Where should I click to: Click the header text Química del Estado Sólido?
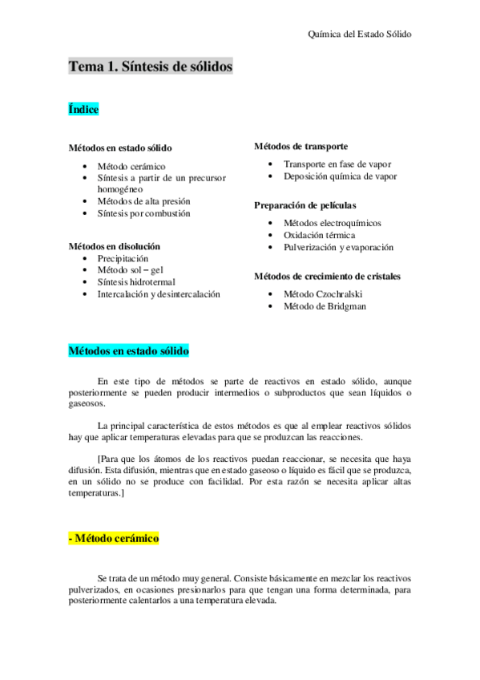click(360, 34)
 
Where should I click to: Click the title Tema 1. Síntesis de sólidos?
click(150, 67)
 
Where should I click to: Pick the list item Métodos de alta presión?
click(144, 201)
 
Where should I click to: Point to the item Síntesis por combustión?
click(144, 213)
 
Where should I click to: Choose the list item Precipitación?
click(123, 259)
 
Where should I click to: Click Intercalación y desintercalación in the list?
click(159, 294)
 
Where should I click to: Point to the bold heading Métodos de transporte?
click(301, 146)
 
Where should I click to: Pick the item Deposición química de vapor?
click(340, 176)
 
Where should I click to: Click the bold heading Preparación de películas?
click(305, 205)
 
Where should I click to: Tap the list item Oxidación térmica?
click(319, 235)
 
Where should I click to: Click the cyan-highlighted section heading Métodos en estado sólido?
click(128, 351)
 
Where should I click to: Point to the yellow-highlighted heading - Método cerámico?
click(114, 539)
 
